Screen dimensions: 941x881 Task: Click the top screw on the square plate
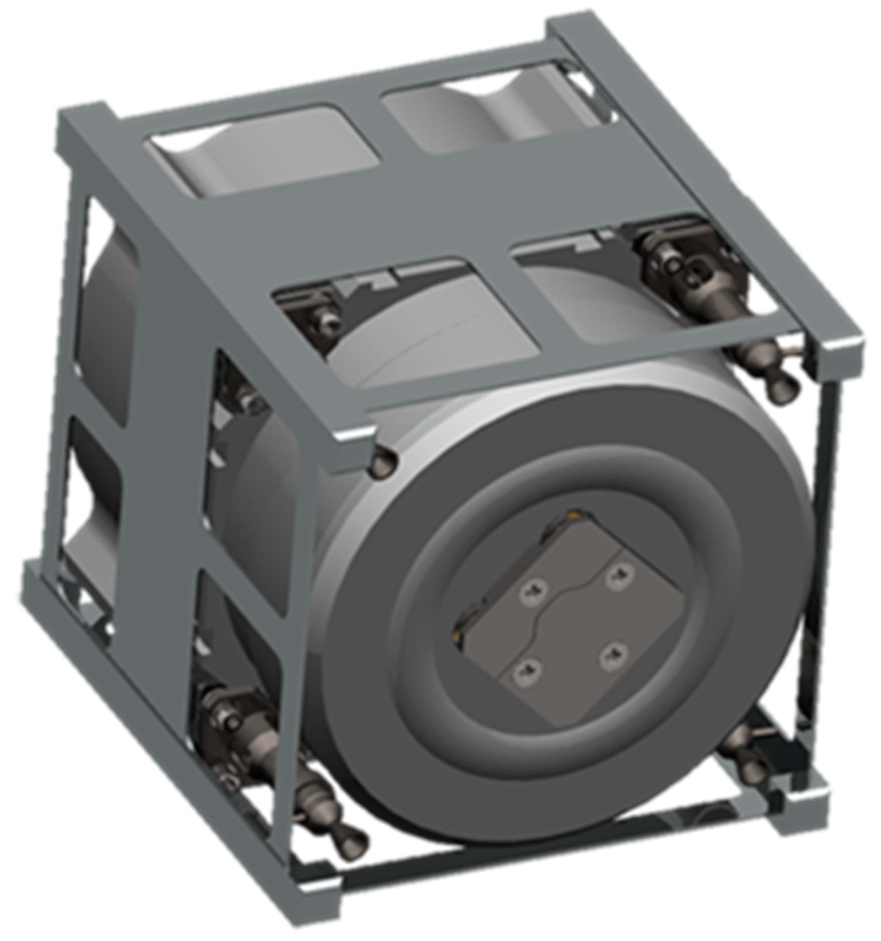coord(617,576)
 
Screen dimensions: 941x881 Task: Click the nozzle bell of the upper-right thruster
coord(784,386)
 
